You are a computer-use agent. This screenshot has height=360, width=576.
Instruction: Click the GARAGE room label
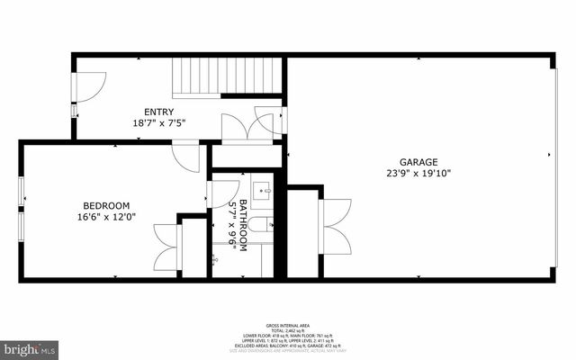(418, 162)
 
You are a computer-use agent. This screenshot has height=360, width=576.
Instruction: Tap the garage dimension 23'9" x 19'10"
(418, 175)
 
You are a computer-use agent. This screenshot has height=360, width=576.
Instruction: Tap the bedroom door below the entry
(187, 157)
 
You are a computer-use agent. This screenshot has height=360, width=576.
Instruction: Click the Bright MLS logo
(30, 346)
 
